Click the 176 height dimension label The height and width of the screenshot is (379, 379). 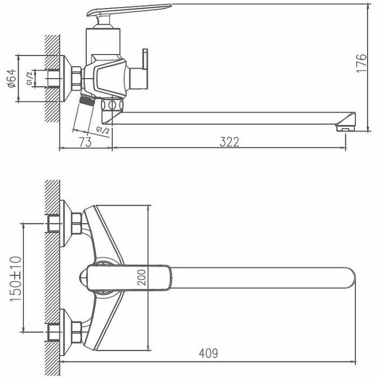[x=361, y=63]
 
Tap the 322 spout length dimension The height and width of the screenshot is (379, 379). [x=229, y=141]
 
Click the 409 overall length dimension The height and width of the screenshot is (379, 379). [x=208, y=353]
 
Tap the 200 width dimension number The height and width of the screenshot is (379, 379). [x=142, y=277]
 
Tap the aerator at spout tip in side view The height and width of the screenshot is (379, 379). [x=344, y=127]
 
